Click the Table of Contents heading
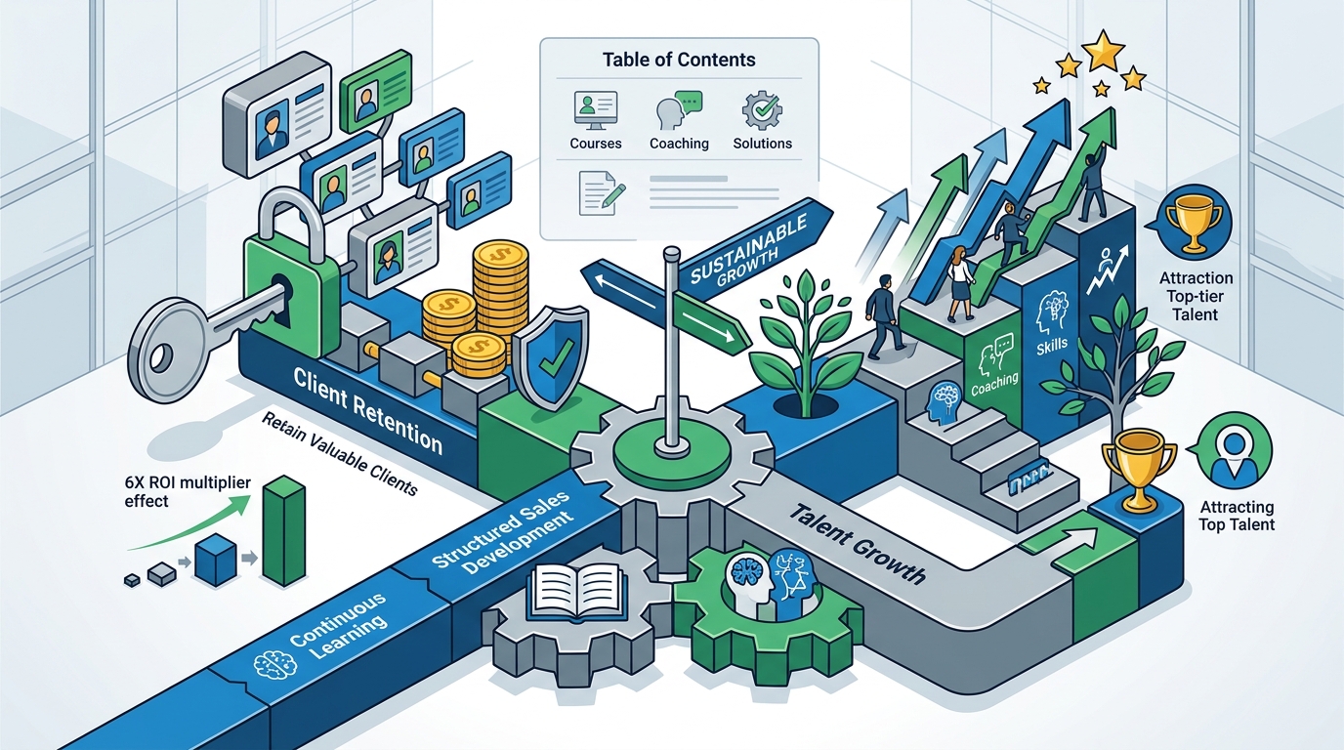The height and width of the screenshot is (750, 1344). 679,60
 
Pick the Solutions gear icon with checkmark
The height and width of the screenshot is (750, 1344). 762,110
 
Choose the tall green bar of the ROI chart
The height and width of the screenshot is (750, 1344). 284,530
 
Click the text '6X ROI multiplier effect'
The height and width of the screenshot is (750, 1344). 188,491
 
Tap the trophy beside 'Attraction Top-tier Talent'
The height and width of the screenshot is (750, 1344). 1194,222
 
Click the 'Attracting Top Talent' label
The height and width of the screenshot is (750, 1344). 1237,516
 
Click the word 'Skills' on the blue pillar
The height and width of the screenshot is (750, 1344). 1052,345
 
